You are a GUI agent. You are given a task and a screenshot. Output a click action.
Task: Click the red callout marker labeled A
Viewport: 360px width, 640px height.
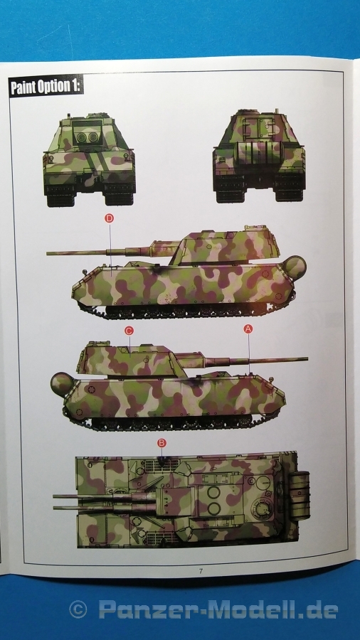248,329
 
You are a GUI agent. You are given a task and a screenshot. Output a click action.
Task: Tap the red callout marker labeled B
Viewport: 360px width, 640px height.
162,443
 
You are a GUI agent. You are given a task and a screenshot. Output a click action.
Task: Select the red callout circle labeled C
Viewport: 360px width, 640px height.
129,331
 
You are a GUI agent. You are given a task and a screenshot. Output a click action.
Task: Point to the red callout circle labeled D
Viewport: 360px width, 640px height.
109,218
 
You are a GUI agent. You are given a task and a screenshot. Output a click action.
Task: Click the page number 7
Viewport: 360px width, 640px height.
201,571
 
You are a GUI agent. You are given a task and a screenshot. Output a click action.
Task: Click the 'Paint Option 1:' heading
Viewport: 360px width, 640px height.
46,87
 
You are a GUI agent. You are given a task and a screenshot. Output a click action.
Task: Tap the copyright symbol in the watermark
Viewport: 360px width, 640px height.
78,610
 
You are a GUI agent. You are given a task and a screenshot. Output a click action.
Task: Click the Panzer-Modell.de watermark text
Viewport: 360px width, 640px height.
218,610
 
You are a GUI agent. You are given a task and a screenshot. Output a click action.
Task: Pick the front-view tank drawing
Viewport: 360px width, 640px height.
90,159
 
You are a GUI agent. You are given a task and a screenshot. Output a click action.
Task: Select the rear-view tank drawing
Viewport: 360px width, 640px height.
259,156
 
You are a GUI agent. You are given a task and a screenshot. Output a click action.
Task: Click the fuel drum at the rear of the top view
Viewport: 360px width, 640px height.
300,496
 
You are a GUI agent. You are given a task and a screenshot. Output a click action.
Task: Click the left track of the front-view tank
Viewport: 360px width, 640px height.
60,195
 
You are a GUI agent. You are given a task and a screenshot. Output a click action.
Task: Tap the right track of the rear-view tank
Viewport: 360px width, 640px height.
289,189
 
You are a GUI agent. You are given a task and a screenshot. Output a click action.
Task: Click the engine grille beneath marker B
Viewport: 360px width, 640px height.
162,464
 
